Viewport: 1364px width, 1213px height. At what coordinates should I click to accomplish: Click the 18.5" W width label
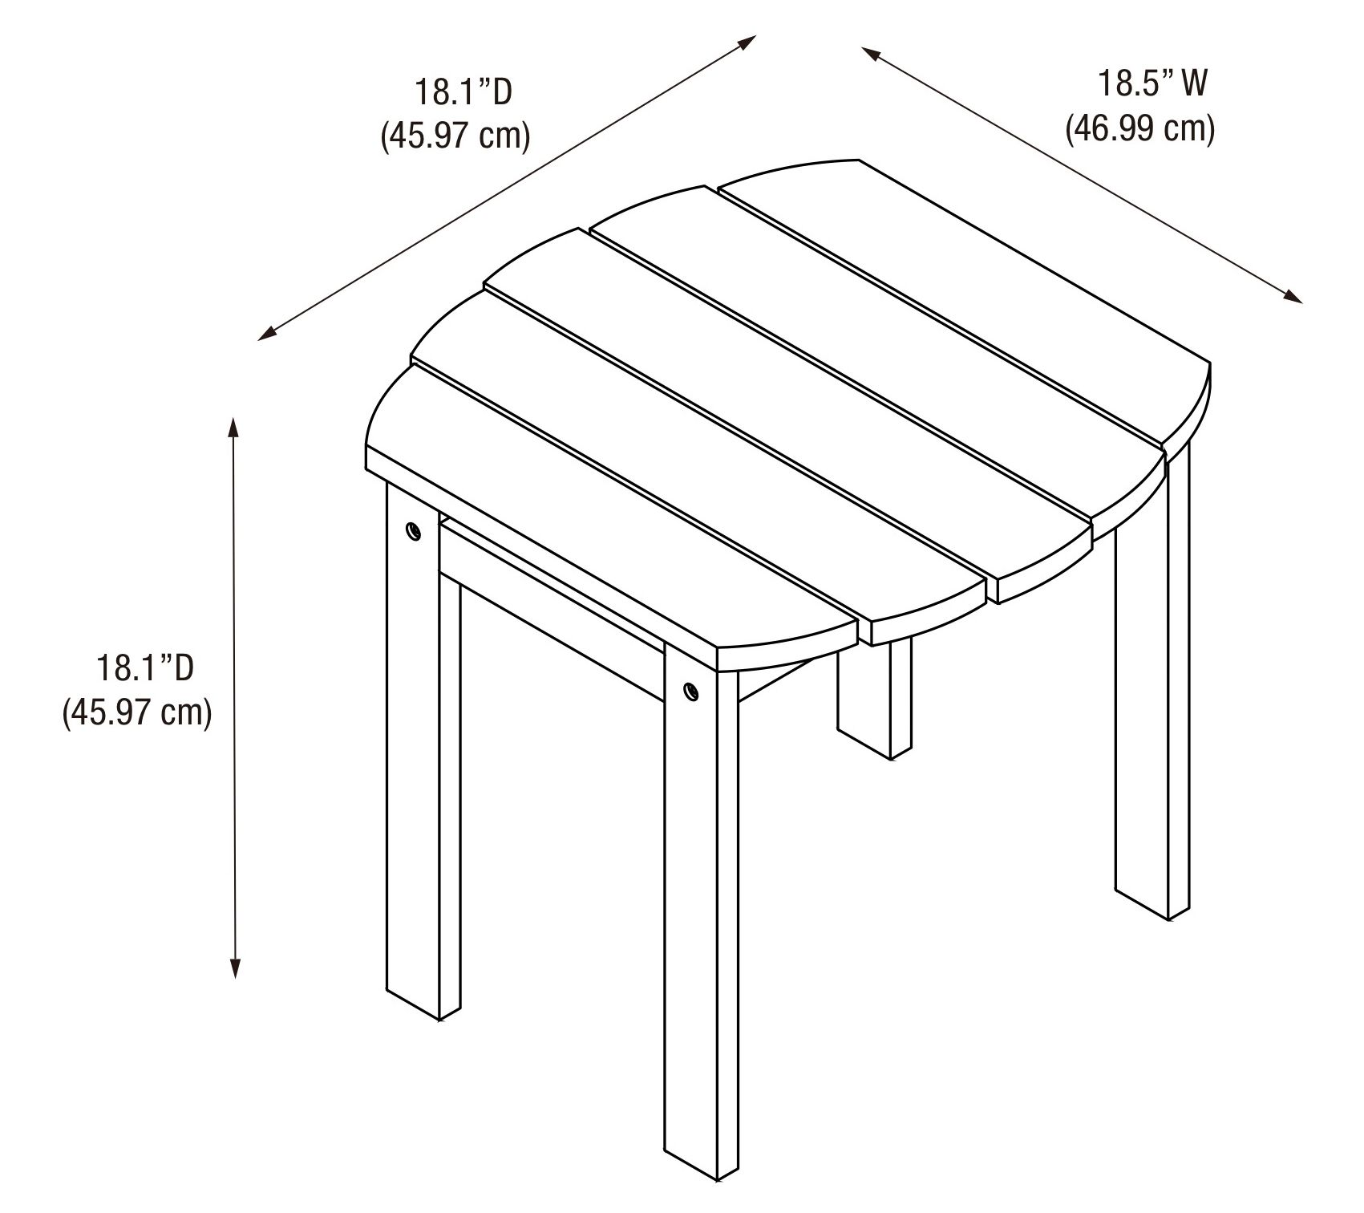(x=1151, y=83)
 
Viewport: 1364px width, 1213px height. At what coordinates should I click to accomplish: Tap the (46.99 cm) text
(x=1139, y=128)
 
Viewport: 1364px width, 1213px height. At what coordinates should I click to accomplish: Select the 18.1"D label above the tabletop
(x=463, y=92)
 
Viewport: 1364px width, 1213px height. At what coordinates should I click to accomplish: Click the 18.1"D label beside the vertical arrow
(x=145, y=667)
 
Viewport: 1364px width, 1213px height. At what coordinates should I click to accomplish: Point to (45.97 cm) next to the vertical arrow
(x=137, y=712)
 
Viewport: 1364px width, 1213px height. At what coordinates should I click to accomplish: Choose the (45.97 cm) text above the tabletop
(x=455, y=136)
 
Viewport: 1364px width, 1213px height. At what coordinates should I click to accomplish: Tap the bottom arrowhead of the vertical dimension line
(x=235, y=968)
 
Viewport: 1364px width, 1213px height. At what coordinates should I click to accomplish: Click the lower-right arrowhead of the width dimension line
(x=1293, y=296)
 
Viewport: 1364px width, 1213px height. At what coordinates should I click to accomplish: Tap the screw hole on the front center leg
(x=690, y=689)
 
